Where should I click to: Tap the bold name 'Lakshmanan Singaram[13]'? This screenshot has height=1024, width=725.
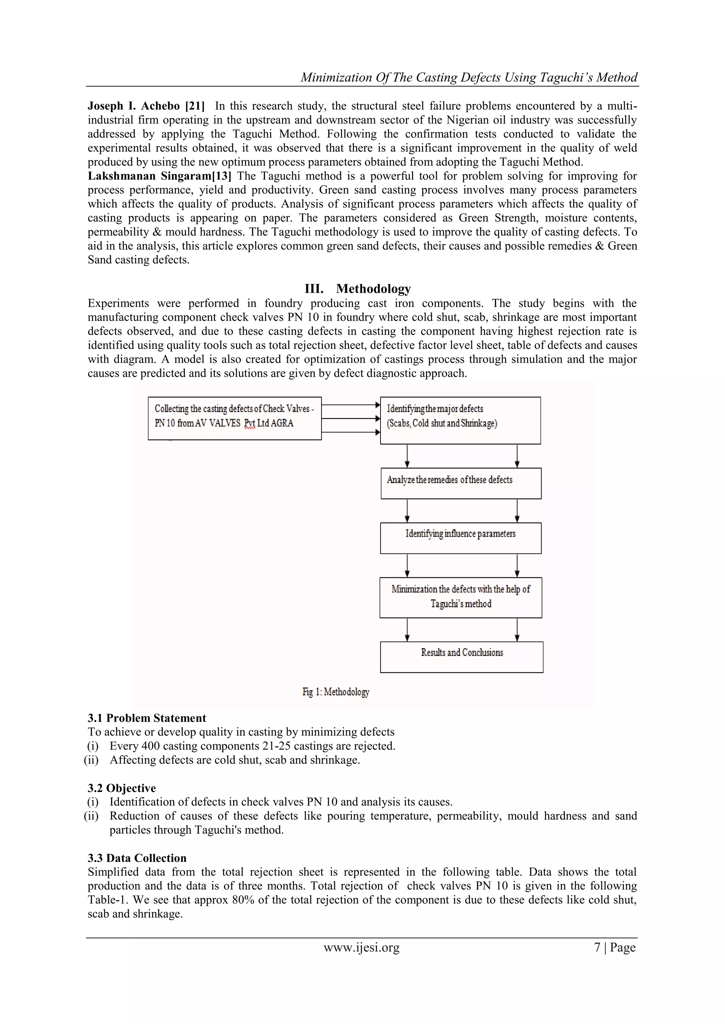point(159,176)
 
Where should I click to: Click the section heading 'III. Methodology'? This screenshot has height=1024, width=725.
point(358,289)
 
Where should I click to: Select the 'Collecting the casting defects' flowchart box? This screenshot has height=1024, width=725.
point(234,418)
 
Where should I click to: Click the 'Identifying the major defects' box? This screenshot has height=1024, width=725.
point(460,420)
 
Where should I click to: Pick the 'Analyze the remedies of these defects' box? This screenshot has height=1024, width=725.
point(461,483)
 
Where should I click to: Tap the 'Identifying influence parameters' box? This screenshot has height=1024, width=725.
point(460,538)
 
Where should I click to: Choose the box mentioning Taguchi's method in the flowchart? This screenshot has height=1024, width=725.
point(461,597)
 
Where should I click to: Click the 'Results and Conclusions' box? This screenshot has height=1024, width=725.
point(462,656)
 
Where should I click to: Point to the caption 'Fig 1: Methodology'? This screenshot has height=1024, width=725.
point(336,692)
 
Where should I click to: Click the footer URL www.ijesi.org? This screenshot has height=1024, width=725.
point(361,947)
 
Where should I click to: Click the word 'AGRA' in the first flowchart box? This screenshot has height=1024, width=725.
point(282,423)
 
